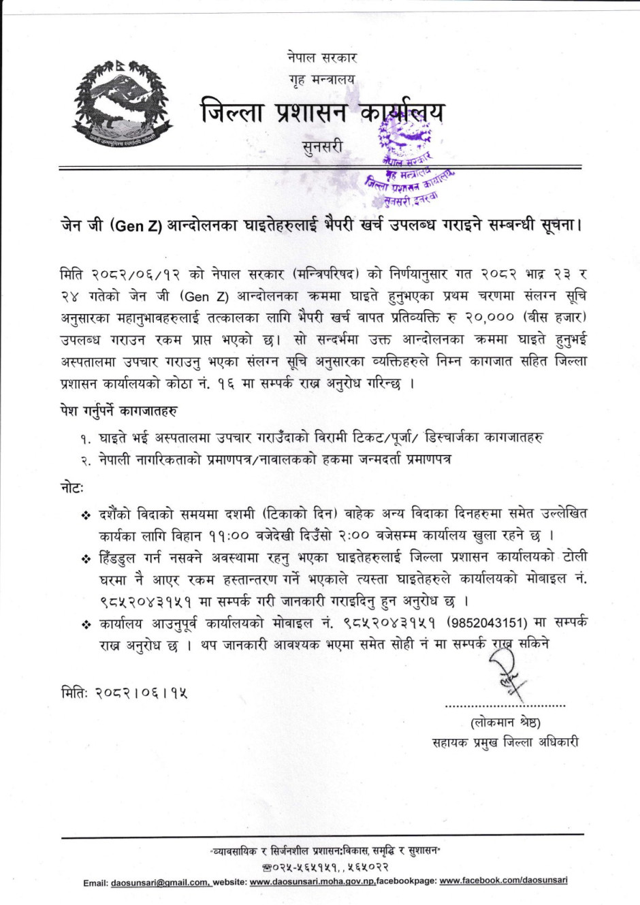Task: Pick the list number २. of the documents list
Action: pos(86,461)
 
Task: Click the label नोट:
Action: pos(71,487)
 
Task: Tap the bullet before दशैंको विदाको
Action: pos(86,513)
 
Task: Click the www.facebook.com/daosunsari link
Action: pos(503,880)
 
